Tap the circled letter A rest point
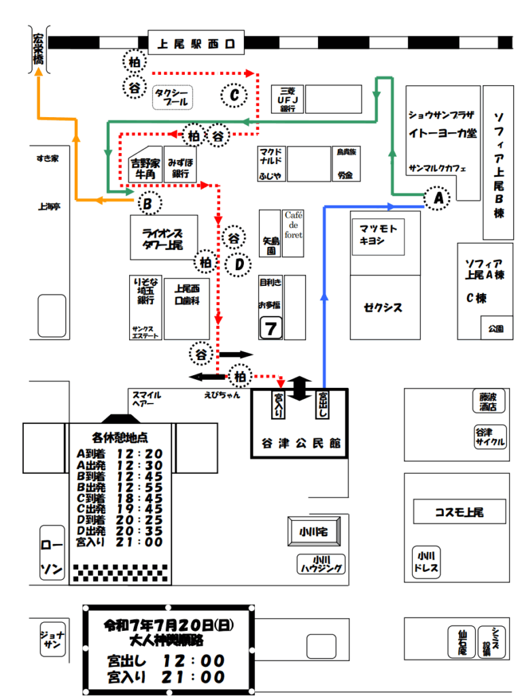pos(437,198)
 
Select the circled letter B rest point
pos(150,203)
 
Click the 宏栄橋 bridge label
pos(37,50)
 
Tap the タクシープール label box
pos(172,97)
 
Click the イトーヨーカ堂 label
pos(442,134)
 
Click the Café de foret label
pos(294,225)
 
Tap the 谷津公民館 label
pos(300,443)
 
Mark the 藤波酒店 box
pos(489,402)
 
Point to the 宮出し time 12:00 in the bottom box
pos(193,660)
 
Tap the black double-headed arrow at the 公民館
pos(301,388)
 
